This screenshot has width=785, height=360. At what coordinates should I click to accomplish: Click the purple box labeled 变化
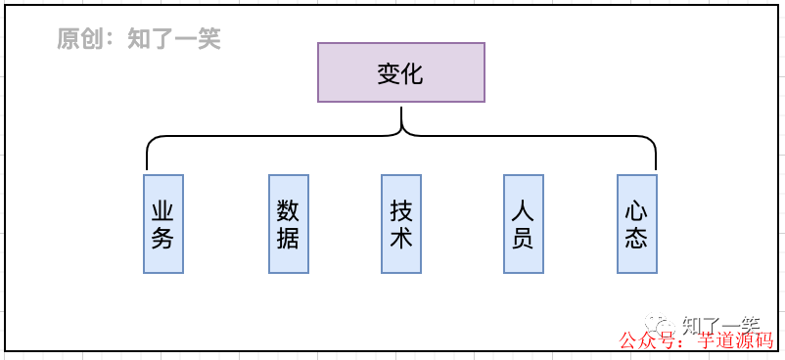tap(401, 72)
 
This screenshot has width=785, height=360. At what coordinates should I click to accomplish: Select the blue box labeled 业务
tap(163, 224)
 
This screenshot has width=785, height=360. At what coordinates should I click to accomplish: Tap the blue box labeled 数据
tap(288, 224)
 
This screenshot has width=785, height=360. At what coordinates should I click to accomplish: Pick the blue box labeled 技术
tap(401, 224)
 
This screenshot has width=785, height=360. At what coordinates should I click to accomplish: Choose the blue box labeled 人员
tap(523, 224)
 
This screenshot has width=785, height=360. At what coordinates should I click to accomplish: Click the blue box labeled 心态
tap(637, 224)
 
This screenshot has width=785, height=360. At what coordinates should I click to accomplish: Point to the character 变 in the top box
tap(390, 73)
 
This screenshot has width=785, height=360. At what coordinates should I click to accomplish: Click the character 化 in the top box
tap(413, 73)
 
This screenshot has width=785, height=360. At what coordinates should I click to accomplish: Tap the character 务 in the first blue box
tap(163, 238)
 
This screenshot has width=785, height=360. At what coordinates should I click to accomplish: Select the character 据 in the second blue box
tap(288, 238)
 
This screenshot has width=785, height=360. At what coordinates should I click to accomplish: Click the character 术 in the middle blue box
tap(401, 238)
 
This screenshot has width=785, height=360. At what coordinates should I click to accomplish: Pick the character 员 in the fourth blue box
tap(523, 238)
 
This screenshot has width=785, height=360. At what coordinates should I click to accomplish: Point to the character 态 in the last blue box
tap(637, 238)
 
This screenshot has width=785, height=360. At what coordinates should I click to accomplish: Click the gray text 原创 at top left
tap(79, 39)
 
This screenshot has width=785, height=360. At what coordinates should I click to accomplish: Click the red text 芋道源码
tap(735, 341)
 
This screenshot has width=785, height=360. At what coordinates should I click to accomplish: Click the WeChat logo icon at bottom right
tap(665, 324)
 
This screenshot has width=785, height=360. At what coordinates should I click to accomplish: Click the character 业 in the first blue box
tap(163, 211)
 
